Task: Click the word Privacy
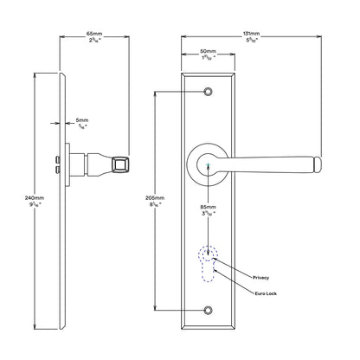click(x=261, y=277)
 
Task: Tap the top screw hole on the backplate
click(x=208, y=92)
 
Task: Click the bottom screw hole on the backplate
click(x=208, y=310)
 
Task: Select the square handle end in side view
click(x=121, y=161)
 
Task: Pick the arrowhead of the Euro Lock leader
click(x=214, y=270)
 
